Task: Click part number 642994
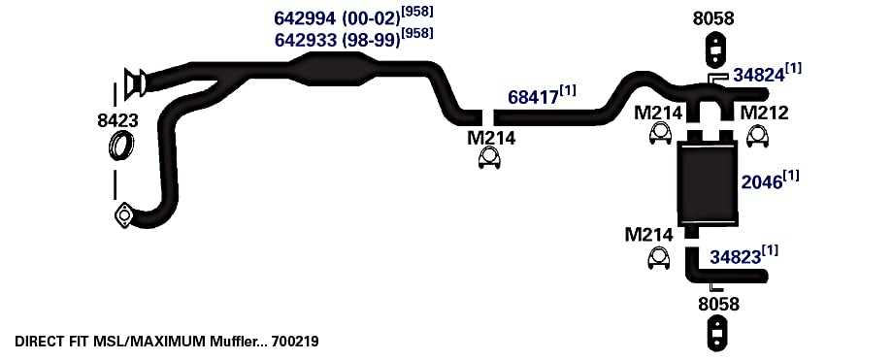pyautogui.click(x=306, y=18)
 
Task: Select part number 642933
pyautogui.click(x=306, y=41)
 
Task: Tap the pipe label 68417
pyautogui.click(x=533, y=97)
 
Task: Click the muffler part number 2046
pyautogui.click(x=761, y=182)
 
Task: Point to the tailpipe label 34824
pyautogui.click(x=758, y=75)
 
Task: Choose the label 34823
pyautogui.click(x=735, y=257)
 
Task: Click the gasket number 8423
pyautogui.click(x=117, y=120)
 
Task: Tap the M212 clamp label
pyautogui.click(x=764, y=114)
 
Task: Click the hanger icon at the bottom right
pyautogui.click(x=718, y=334)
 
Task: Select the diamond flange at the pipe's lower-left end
pyautogui.click(x=123, y=216)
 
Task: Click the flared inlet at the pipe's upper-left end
pyautogui.click(x=135, y=82)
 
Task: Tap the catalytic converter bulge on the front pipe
pyautogui.click(x=333, y=70)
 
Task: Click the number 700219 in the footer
pyautogui.click(x=295, y=342)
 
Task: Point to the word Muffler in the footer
pyautogui.click(x=237, y=342)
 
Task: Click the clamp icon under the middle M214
pyautogui.click(x=489, y=158)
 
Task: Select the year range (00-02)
pyautogui.click(x=372, y=18)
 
